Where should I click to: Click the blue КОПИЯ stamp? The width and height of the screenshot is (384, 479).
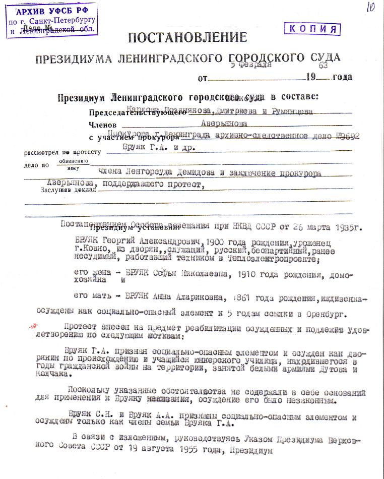(312, 29)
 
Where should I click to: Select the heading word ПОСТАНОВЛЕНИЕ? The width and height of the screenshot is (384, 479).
(188, 37)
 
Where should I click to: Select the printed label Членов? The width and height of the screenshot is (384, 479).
(103, 125)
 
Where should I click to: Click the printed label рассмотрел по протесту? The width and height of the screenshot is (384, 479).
(62, 152)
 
